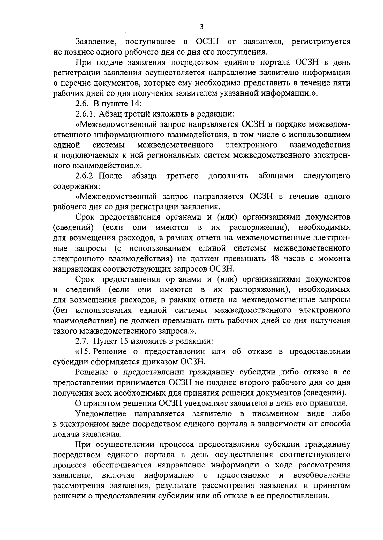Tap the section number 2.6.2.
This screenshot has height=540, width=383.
(x=86, y=176)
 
